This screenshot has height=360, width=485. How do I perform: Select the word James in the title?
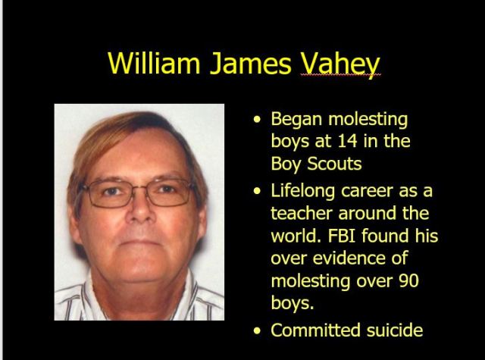(249, 62)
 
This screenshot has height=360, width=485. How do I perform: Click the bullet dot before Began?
(260, 120)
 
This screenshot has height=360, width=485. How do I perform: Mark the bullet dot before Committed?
(260, 331)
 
